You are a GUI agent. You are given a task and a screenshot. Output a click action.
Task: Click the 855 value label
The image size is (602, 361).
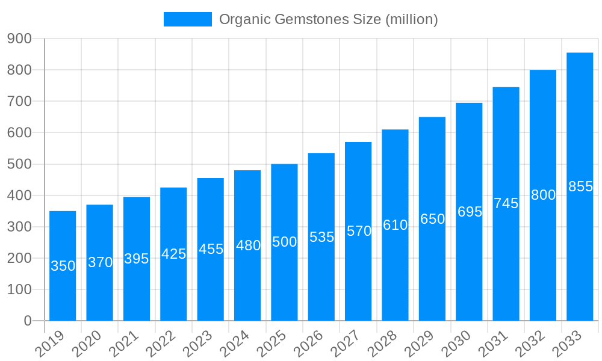click(x=580, y=187)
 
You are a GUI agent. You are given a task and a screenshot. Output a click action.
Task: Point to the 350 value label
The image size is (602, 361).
click(x=63, y=266)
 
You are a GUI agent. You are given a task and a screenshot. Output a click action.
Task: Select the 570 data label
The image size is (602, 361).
click(x=359, y=231)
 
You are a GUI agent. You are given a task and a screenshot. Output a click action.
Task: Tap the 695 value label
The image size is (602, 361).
click(x=470, y=212)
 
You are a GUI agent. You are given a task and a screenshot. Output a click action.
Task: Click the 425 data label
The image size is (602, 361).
click(x=173, y=254)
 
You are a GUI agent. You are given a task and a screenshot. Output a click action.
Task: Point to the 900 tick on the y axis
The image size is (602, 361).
click(x=20, y=39)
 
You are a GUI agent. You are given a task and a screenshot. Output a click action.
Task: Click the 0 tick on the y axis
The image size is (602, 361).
click(x=28, y=321)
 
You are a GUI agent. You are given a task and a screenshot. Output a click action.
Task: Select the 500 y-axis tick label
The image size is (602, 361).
click(x=20, y=164)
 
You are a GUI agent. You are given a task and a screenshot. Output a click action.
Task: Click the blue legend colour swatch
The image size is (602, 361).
click(x=187, y=19)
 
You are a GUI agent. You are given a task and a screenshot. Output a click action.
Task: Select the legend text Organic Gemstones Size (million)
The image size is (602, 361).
click(x=328, y=19)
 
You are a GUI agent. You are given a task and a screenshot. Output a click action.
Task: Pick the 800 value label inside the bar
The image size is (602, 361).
click(x=543, y=195)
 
